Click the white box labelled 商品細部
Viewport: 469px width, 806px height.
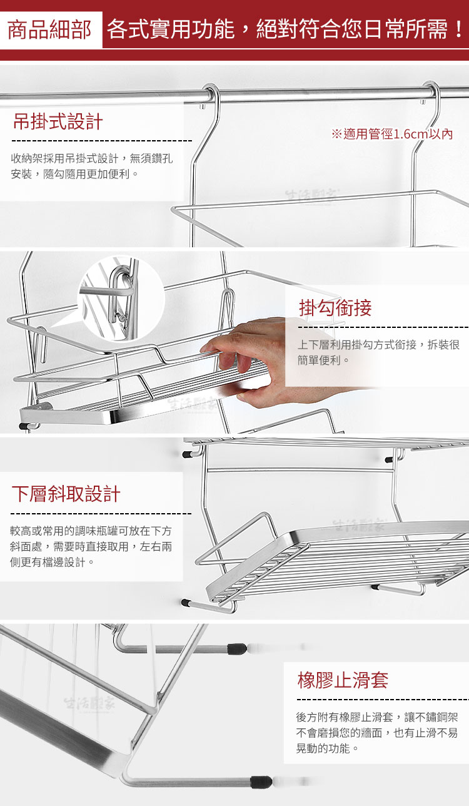(x=51, y=30)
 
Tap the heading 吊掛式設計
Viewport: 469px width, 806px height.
(x=58, y=121)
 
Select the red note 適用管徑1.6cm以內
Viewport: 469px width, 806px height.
(x=392, y=134)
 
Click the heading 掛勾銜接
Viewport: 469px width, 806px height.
(x=335, y=308)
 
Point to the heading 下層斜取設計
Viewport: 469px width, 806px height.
(x=66, y=494)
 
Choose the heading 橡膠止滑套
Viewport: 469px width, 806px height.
(x=343, y=680)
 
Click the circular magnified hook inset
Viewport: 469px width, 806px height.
(x=121, y=298)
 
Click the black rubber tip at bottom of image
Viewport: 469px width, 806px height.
(x=261, y=782)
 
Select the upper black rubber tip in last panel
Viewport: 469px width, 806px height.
(x=237, y=648)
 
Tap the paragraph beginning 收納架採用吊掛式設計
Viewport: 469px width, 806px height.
(x=92, y=166)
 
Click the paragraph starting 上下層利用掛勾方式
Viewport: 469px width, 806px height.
(x=378, y=352)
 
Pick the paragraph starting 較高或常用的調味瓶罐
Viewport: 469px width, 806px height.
(x=91, y=546)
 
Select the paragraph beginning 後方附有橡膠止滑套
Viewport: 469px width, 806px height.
(x=377, y=733)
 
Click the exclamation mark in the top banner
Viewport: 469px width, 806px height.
(x=458, y=29)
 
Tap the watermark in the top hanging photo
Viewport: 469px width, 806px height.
(x=311, y=196)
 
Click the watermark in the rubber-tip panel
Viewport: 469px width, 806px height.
(x=89, y=704)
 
